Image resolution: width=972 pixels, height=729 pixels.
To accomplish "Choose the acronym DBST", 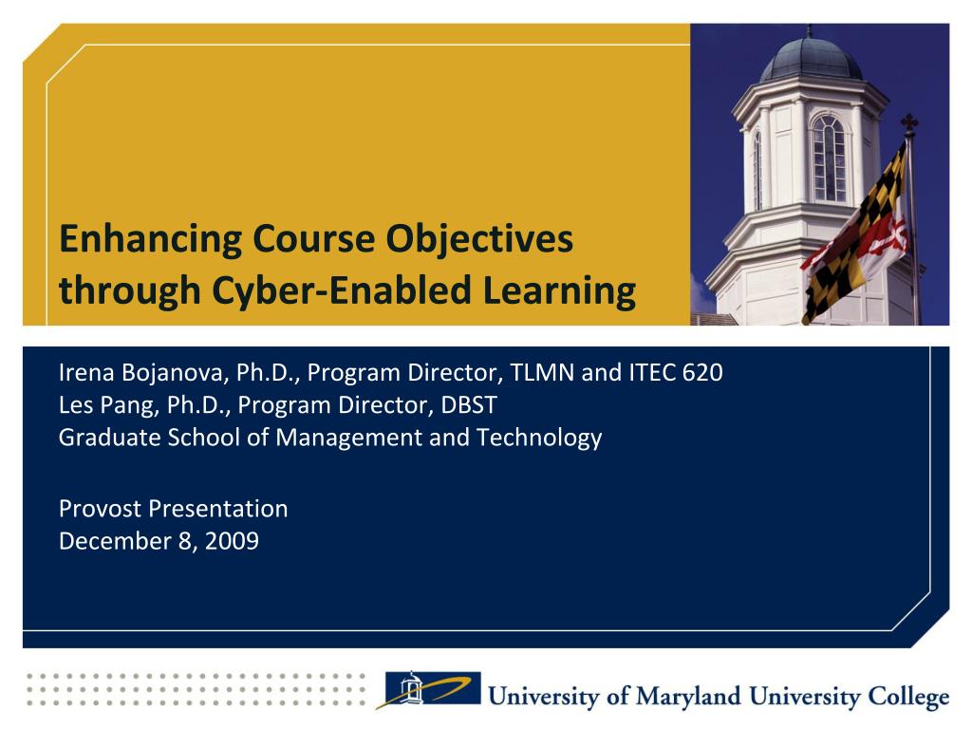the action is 469,404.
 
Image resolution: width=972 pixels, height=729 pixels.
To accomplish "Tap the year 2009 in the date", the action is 232,541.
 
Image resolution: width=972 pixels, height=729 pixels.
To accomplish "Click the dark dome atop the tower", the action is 811,60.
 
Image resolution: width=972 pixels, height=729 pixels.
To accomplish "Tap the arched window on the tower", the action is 829,159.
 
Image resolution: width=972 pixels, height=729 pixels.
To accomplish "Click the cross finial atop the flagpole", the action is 909,123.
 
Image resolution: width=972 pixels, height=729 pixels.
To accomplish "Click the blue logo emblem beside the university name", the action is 432,689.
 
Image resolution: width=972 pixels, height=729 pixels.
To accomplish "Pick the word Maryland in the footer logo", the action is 689,697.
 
